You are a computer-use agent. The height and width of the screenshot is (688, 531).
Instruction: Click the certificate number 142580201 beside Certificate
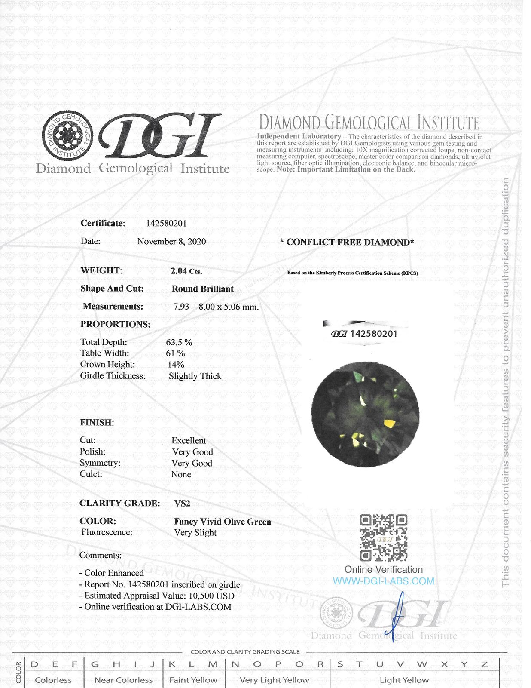[166, 223]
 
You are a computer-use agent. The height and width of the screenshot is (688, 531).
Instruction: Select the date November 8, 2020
[171, 241]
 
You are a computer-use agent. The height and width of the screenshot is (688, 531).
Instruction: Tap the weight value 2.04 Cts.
[186, 271]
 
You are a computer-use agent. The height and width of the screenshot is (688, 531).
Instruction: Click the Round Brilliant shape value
[202, 289]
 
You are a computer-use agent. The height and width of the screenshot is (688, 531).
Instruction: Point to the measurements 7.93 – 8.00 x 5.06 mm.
[216, 307]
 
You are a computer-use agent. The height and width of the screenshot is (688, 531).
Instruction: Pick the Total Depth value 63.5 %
[179, 342]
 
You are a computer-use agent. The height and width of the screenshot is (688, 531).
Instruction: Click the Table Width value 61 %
[175, 353]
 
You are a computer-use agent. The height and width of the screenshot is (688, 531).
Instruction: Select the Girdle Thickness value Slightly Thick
[195, 376]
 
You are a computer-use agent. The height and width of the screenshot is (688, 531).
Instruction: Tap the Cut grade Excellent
[189, 440]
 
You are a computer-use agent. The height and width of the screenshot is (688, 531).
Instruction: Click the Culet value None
[181, 474]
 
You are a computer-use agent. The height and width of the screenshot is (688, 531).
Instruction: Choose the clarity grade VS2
[182, 503]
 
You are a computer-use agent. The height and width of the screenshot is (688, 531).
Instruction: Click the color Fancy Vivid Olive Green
[222, 522]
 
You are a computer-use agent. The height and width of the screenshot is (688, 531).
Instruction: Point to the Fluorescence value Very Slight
[195, 532]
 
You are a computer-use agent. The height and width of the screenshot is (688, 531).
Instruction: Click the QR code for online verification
[383, 537]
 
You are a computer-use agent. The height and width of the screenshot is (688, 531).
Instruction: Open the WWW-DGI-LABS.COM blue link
[383, 581]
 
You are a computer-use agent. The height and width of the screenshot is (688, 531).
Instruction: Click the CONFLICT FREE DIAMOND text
[347, 242]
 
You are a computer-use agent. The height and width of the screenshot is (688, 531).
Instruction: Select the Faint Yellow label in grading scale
[193, 680]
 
